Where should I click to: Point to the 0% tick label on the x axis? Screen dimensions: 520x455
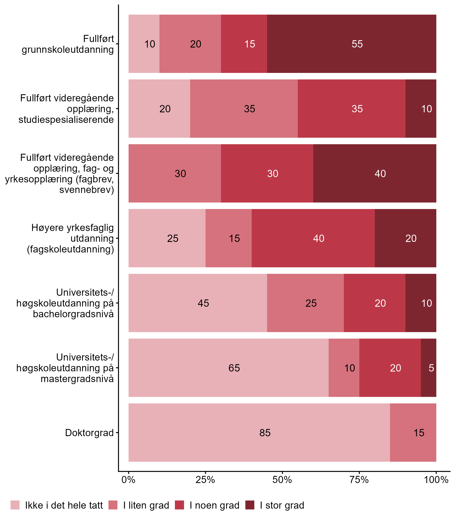pyautogui.click(x=128, y=480)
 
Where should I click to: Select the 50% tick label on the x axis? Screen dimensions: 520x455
pyautogui.click(x=282, y=480)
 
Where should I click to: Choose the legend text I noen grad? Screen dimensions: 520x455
pyautogui.click(x=214, y=505)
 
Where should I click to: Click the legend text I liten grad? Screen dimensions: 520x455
pyautogui.click(x=146, y=505)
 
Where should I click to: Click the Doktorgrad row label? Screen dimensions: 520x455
pyautogui.click(x=89, y=433)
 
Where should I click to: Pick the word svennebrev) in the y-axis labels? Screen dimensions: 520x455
pyautogui.click(x=87, y=190)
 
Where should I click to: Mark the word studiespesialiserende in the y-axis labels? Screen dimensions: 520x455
pyautogui.click(x=66, y=119)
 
